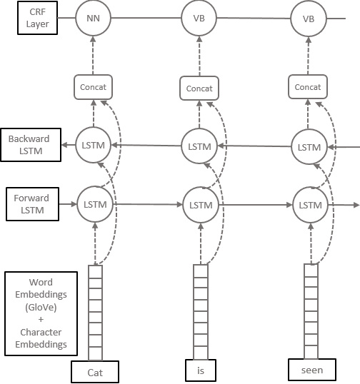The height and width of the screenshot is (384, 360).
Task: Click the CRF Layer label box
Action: pyautogui.click(x=36, y=19)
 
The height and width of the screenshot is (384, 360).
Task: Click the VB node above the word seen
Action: pyautogui.click(x=308, y=18)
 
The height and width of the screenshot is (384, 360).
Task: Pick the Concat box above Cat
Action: pyautogui.click(x=94, y=86)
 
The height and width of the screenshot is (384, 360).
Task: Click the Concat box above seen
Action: pyautogui.click(x=308, y=87)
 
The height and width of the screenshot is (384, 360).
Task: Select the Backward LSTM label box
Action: pyautogui.click(x=29, y=145)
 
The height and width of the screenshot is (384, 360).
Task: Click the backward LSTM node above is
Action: pyautogui.click(x=200, y=146)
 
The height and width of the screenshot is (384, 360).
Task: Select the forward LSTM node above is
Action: pyautogui.click(x=200, y=205)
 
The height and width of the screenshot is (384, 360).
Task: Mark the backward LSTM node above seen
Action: pyautogui.click(x=309, y=146)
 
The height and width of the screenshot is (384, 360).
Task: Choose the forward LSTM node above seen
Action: pyautogui.click(x=309, y=205)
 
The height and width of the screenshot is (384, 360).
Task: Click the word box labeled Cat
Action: pyautogui.click(x=94, y=372)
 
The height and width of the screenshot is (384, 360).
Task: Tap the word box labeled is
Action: pyautogui.click(x=200, y=371)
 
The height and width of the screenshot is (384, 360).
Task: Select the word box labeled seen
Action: pyautogui.click(x=311, y=370)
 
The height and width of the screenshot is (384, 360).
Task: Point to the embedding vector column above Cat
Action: pyautogui.click(x=95, y=312)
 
